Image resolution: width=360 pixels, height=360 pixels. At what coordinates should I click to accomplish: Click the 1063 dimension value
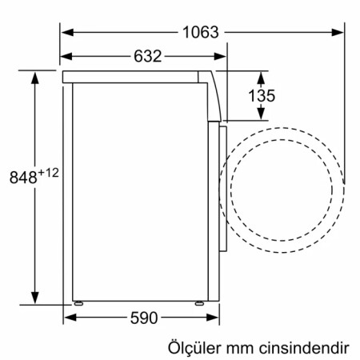[x=199, y=33]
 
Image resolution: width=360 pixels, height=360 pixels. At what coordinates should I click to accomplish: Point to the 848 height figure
[x=22, y=177]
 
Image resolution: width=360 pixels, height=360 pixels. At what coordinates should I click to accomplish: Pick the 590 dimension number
[x=143, y=317]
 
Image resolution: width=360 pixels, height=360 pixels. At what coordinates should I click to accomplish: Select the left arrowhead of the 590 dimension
[x=68, y=317]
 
